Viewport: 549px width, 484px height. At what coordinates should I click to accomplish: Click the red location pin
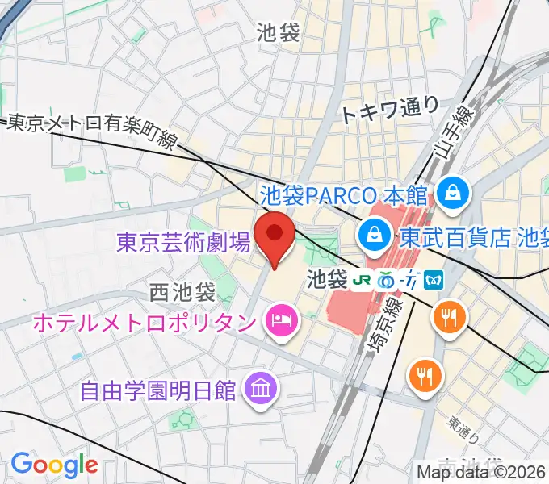pos(274,236)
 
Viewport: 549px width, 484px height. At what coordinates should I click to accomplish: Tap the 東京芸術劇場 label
pos(183,242)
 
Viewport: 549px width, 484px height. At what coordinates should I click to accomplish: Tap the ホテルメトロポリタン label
pos(143,323)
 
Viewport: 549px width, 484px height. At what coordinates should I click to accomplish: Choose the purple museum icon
pos(262,388)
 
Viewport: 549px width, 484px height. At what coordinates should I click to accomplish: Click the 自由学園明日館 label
pos(158,390)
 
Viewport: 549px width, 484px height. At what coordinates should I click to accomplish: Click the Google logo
pos(54,465)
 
